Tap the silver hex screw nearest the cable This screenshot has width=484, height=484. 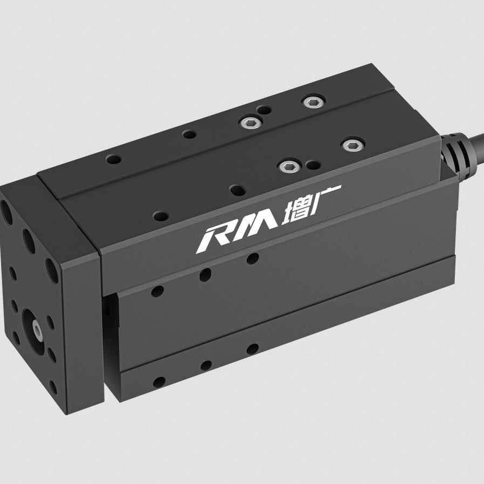point(351,145)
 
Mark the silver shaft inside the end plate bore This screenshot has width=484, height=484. point(36,328)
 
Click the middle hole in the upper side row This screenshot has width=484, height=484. point(205,275)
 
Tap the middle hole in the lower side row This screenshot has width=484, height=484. point(206,366)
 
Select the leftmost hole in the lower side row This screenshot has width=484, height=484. point(159,382)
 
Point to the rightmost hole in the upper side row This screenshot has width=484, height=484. point(252,259)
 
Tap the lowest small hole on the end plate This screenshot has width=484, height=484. point(53,387)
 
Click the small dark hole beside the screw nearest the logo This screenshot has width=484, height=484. point(311,164)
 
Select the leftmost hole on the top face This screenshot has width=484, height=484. point(114,159)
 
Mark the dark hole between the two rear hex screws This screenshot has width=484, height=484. point(265,111)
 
